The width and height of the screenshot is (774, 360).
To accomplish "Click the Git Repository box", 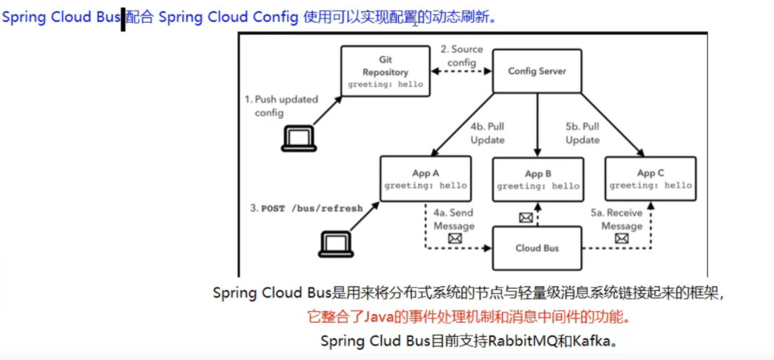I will [x=385, y=71].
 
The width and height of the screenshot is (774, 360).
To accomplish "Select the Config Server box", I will [x=537, y=71].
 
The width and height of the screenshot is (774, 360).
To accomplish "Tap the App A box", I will [x=425, y=179].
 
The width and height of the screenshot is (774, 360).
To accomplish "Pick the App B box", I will [x=537, y=180].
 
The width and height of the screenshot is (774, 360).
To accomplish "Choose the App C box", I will [x=650, y=179].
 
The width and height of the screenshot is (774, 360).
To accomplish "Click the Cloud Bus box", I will [x=537, y=248].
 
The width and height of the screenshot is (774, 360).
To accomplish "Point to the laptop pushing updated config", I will [x=299, y=138].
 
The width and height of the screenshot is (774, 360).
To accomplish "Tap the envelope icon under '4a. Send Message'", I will [x=455, y=239].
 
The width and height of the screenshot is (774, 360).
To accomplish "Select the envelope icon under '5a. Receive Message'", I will [x=621, y=239].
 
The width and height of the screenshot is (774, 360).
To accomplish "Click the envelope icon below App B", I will [x=526, y=216].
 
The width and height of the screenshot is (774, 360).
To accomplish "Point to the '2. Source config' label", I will [x=462, y=56].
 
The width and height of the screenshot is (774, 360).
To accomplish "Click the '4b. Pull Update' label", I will [x=488, y=133].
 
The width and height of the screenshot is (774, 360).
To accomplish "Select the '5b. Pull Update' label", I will [x=582, y=133].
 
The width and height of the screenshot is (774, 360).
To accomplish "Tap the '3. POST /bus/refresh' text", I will [x=307, y=208].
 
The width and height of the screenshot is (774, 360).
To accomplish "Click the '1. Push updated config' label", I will [x=281, y=106].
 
